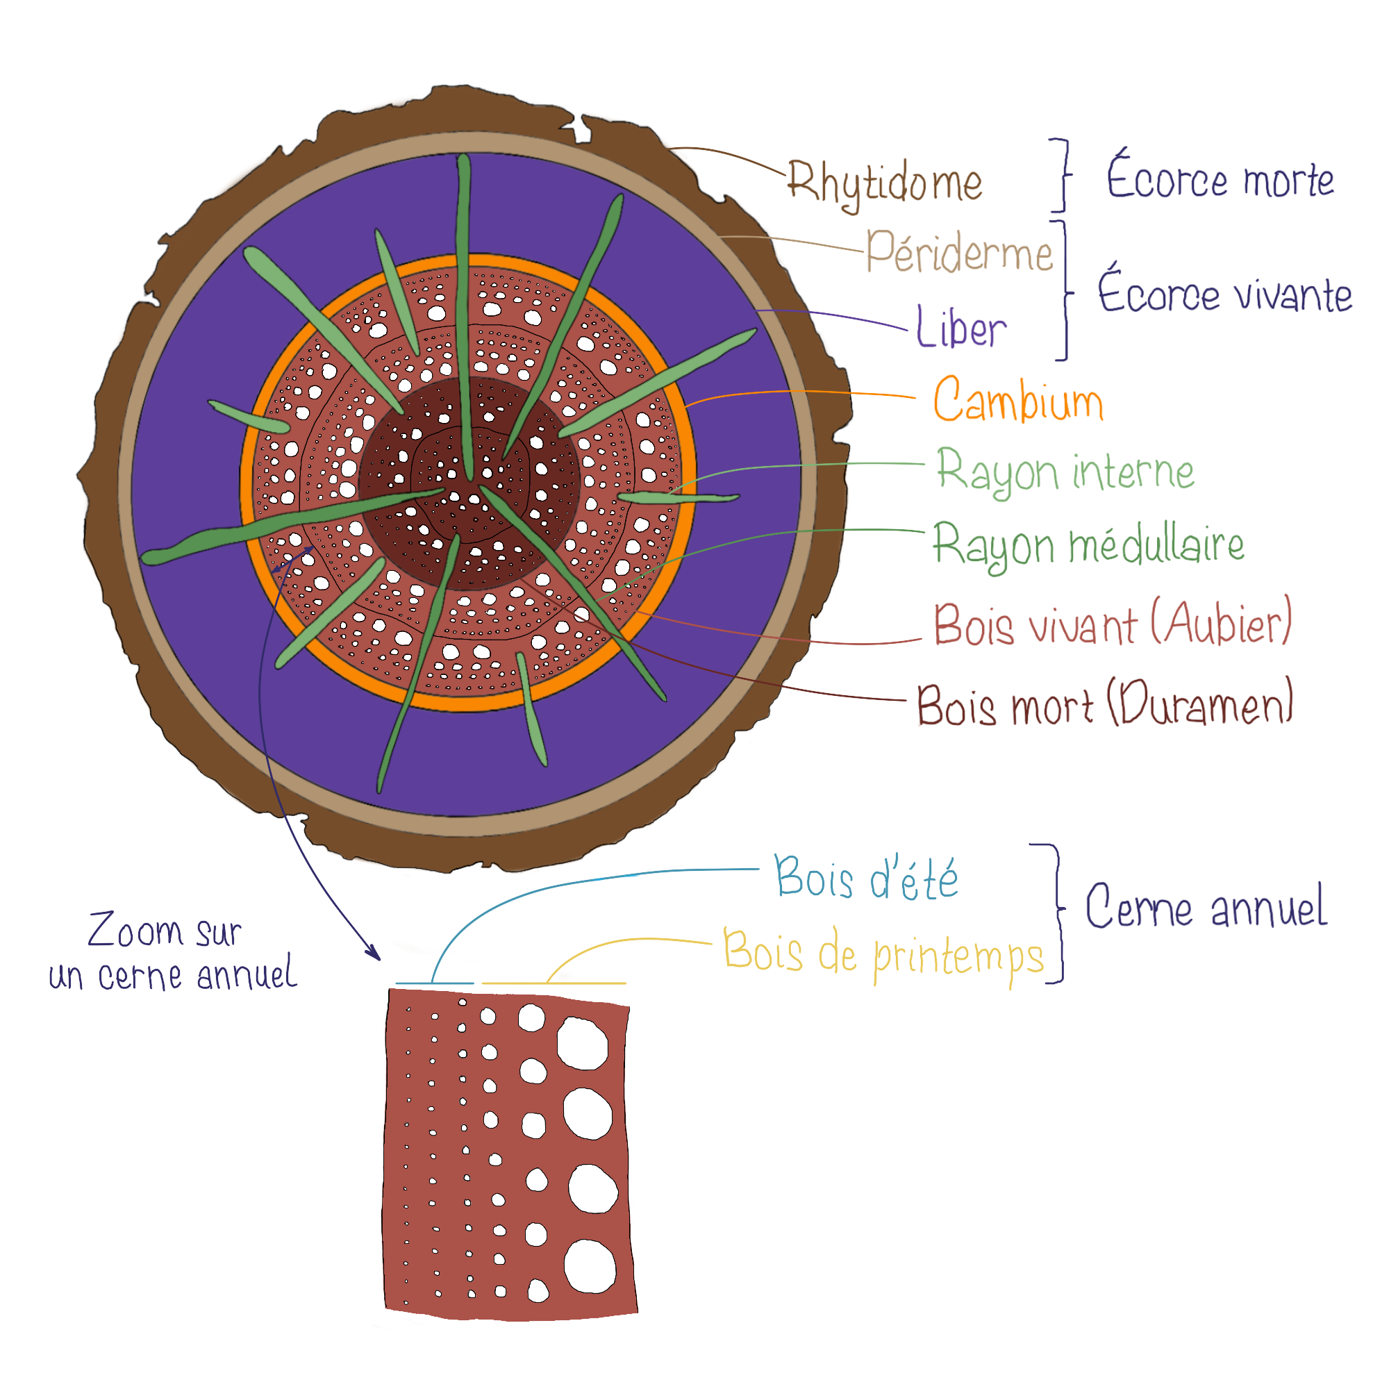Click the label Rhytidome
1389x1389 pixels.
pos(884,183)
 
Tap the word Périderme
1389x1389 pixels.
pos(958,251)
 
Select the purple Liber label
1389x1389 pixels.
pos(961,328)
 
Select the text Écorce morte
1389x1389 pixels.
pos(1220,177)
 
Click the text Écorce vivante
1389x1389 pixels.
pos(1224,292)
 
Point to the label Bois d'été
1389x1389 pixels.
pos(866,878)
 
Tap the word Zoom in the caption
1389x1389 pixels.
pos(135,931)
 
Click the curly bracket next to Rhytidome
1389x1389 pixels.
pos(1063,175)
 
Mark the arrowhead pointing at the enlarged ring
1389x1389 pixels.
pos(375,955)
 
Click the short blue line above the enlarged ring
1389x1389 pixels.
pos(434,983)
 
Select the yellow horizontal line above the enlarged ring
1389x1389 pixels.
pos(554,983)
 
